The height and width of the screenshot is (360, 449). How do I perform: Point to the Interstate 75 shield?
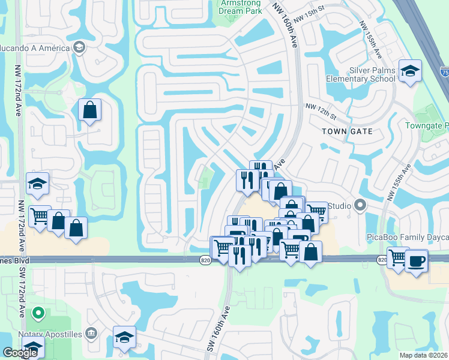445,71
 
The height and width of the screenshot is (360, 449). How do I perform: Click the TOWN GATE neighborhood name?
347,131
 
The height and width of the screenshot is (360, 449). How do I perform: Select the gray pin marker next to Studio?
360,206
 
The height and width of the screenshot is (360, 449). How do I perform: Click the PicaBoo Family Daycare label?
408,238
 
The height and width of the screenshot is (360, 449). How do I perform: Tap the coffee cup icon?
416,260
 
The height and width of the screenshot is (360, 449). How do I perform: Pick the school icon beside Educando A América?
79,47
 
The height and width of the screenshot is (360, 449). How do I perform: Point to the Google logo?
20,353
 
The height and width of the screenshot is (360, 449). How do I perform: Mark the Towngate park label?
426,125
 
